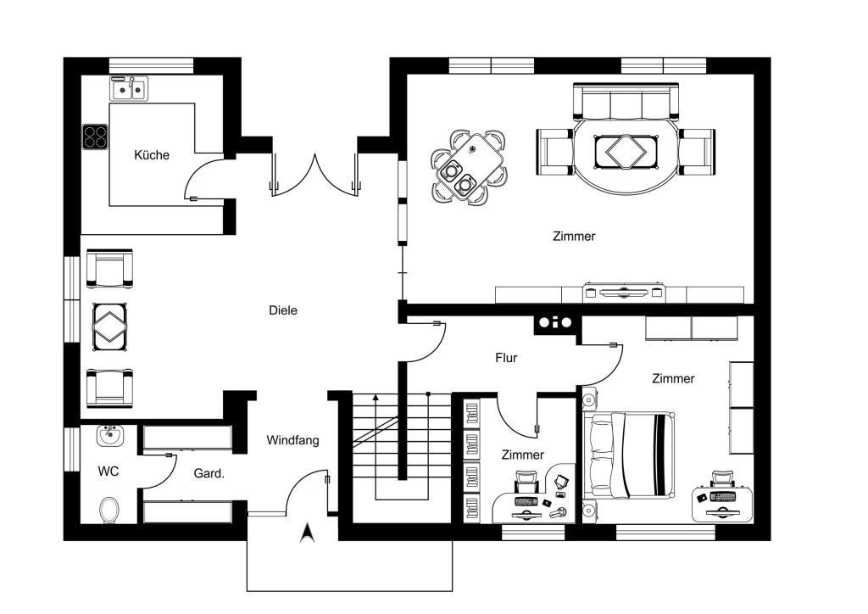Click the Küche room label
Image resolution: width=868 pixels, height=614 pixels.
click(152, 155)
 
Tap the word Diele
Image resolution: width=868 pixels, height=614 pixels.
click(283, 310)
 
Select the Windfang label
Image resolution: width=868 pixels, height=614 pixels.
click(292, 441)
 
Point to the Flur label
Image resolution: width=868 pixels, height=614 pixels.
click(506, 358)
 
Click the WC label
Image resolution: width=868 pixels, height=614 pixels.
click(108, 472)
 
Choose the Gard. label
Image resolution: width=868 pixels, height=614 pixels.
click(209, 474)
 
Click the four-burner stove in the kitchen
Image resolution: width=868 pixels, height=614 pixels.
click(95, 137)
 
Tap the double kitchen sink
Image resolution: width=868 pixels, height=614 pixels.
click(129, 89)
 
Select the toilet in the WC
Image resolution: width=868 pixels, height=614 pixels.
click(109, 510)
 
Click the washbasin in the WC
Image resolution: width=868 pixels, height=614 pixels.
click(109, 436)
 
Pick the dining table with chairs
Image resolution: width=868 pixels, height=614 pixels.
click(469, 167)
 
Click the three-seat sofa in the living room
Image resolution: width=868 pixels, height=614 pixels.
click(626, 101)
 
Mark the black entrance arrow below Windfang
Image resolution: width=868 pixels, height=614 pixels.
click(307, 533)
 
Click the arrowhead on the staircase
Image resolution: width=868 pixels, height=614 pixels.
click(376, 397)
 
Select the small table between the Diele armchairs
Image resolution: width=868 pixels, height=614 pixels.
click(109, 327)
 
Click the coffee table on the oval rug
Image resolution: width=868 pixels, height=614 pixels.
click(626, 152)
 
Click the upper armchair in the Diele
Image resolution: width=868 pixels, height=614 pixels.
click(109, 269)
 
